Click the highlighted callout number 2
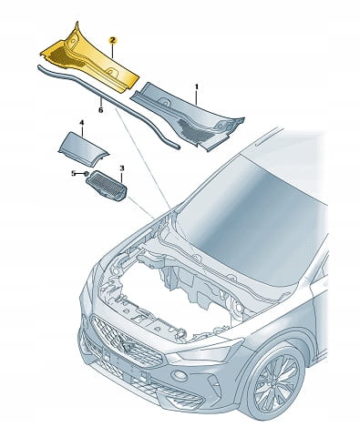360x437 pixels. pos(112,40)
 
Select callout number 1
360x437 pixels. pos(197,87)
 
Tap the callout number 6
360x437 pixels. pos(101,110)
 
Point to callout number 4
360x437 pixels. pos(81,123)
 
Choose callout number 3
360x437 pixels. pos(122,168)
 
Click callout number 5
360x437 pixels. pos(73,173)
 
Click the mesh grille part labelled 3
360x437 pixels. pos(107,185)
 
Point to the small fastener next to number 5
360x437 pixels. pos(86,174)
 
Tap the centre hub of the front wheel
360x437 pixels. pos(276,383)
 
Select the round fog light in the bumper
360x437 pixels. pos(180,376)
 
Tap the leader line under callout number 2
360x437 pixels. pos(113,51)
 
